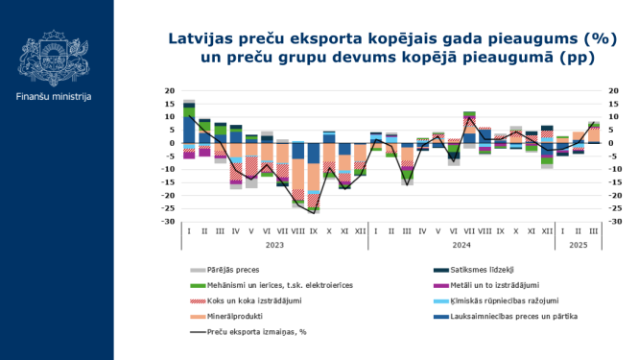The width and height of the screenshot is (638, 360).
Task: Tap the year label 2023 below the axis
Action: point(275,246)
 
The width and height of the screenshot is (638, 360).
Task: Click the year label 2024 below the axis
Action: point(461,246)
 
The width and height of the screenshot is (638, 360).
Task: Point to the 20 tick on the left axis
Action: point(169,91)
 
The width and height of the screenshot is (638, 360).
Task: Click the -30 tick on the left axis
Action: point(167,222)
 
